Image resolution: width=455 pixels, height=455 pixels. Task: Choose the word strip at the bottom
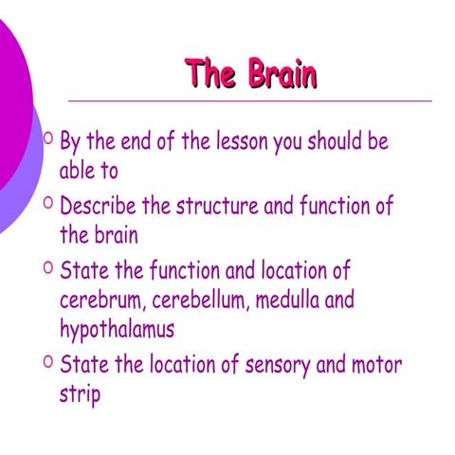pos(80,393)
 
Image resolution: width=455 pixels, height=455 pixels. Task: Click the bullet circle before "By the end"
pos(47,139)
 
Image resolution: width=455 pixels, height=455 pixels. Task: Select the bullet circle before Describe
pos(47,202)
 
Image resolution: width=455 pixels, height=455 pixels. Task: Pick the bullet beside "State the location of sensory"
pos(47,360)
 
